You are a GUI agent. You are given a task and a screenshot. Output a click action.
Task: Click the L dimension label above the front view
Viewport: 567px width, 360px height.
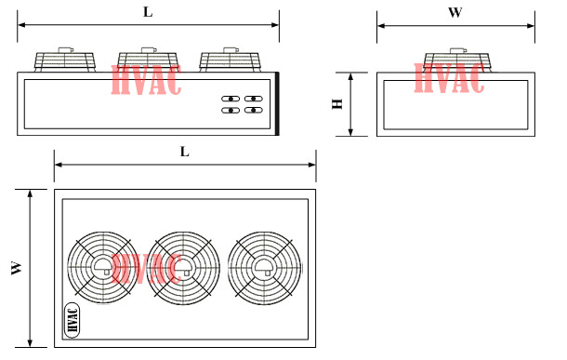coord(148,12)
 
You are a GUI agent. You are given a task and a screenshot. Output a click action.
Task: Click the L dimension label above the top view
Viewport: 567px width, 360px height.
coord(184,152)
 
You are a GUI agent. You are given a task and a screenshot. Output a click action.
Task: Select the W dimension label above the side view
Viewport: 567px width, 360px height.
coord(455,12)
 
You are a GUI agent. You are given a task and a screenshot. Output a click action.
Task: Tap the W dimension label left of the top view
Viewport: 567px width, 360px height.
coord(17,268)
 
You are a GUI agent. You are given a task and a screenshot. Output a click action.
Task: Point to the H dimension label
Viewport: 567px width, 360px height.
coord(337,104)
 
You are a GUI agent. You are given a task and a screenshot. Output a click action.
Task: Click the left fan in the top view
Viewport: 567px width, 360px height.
coord(103,268)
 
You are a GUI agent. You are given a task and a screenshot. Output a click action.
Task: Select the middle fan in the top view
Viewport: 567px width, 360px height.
coord(183,268)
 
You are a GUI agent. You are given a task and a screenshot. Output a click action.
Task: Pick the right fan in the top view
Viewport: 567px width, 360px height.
coord(264,268)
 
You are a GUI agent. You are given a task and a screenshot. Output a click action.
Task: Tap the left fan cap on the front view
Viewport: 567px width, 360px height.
coord(65,60)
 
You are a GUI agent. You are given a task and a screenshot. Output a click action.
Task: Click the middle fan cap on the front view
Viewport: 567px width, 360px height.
coord(148,60)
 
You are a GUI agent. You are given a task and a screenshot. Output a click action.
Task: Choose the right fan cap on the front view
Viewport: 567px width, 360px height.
coord(230,60)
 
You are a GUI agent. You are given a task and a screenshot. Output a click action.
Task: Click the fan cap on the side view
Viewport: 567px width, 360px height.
coord(456,60)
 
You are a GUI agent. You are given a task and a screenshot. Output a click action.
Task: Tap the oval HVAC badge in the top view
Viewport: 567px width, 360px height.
coord(72,320)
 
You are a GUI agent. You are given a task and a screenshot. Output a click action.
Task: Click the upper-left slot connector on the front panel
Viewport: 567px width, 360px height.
coord(231,99)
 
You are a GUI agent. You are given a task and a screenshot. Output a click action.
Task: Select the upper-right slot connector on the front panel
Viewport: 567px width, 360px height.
coord(254,99)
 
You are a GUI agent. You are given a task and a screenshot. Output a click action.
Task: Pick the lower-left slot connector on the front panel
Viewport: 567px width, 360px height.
coord(231,111)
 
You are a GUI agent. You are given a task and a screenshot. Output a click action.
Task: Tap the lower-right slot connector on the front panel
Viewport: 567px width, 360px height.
coord(254,110)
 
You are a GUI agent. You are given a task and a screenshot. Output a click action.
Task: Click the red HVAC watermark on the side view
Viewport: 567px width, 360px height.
coord(449,78)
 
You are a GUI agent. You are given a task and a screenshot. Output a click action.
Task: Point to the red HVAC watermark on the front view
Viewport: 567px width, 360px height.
coord(146,80)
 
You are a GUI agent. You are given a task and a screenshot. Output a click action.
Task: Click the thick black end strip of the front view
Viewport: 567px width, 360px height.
coord(277,104)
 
